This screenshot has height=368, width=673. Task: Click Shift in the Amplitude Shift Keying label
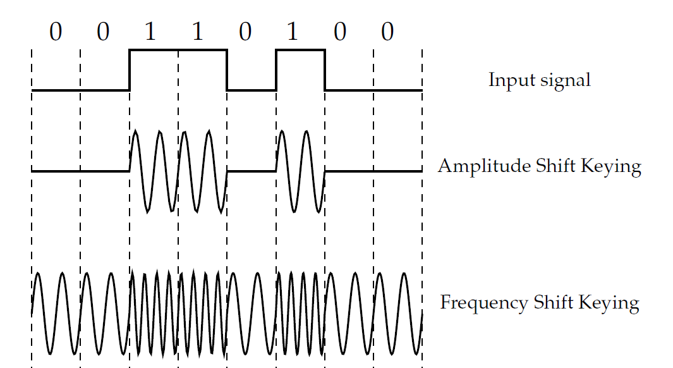[557, 166]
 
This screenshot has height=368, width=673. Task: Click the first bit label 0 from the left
[56, 32]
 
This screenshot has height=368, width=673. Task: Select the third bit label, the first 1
[150, 32]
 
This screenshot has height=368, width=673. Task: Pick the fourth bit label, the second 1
[198, 32]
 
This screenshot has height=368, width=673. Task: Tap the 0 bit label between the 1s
[245, 32]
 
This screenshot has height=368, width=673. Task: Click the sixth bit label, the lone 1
[293, 32]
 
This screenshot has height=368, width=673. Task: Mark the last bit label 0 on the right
[387, 32]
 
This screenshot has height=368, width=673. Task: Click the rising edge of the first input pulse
[130, 70]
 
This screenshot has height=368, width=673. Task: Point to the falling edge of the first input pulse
[227, 70]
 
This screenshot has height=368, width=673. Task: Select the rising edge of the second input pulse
[276, 70]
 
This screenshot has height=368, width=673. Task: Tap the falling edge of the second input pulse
[325, 70]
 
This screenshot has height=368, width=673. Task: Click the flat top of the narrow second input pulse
[300, 49]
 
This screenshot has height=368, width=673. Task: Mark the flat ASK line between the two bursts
[252, 171]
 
